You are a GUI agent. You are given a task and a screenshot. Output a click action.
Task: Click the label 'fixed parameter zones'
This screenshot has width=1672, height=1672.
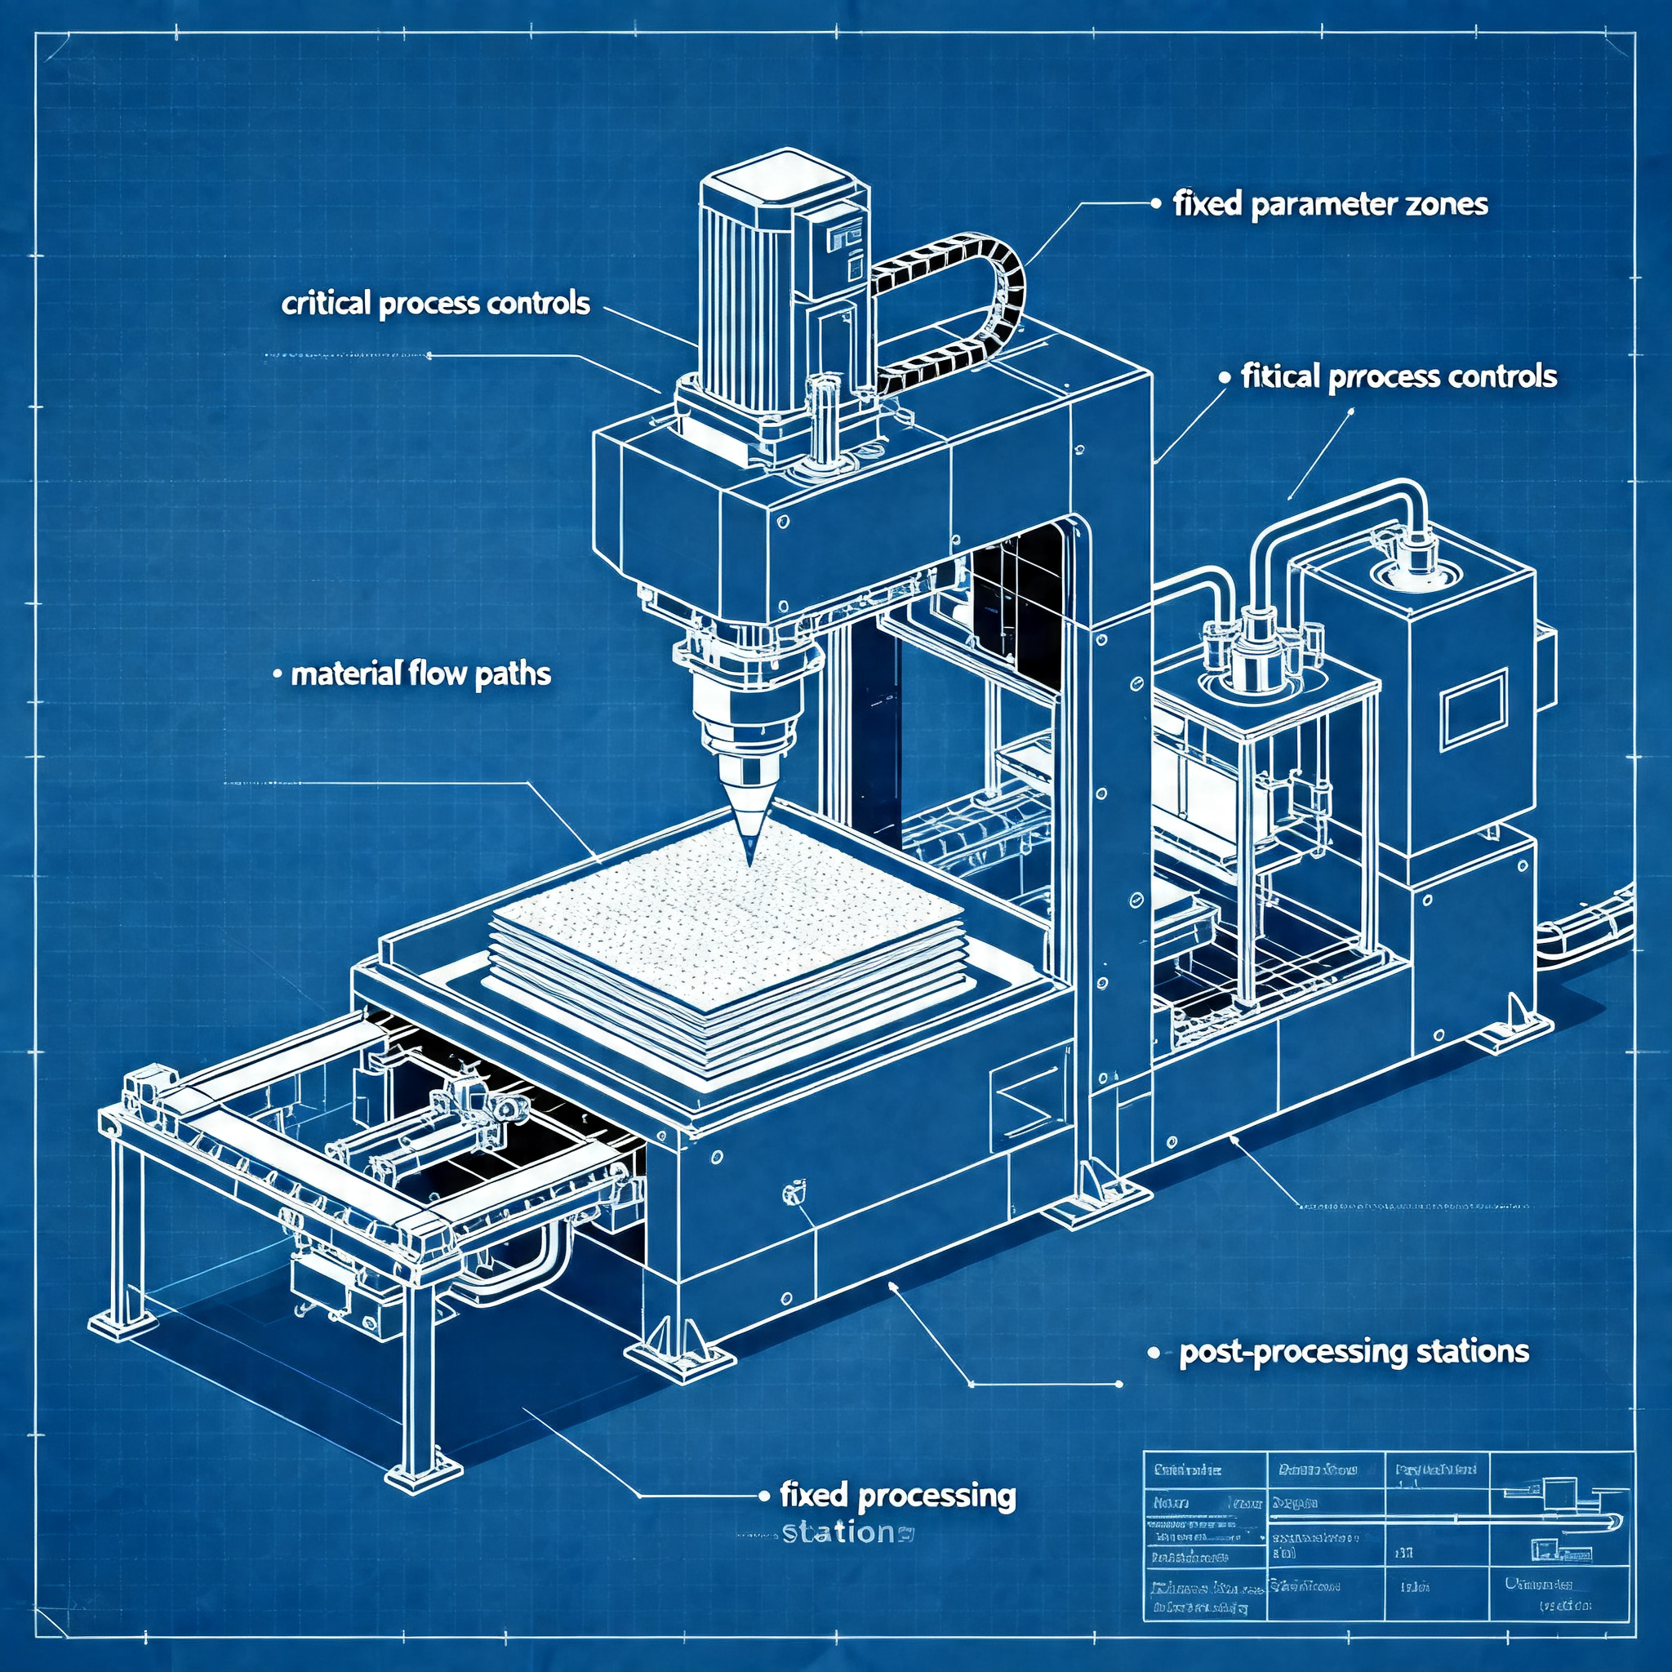(1330, 205)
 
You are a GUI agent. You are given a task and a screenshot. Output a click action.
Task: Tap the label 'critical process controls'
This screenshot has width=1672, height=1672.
(435, 305)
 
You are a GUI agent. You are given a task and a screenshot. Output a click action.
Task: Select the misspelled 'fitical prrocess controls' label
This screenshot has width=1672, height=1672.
(1399, 377)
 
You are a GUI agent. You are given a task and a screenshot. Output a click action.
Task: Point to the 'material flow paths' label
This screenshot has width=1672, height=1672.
(420, 674)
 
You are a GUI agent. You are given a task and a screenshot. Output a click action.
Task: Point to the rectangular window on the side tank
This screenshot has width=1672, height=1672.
(1473, 712)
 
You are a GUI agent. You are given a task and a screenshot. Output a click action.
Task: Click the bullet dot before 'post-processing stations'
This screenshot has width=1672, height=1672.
(1154, 1353)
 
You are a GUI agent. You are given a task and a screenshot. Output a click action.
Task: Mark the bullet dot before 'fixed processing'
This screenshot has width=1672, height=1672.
(763, 1496)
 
